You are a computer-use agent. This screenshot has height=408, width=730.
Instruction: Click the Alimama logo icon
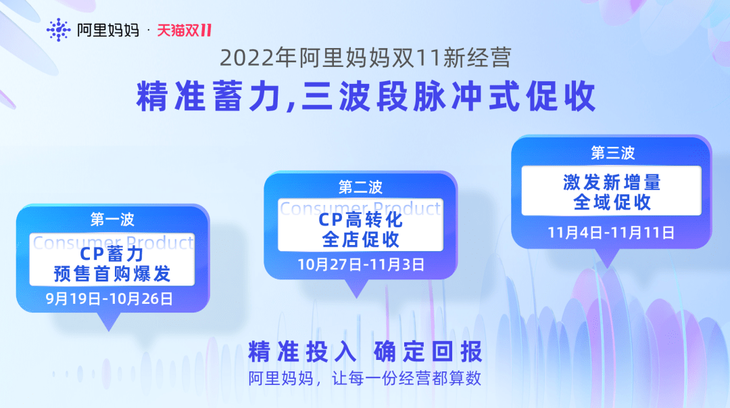[59, 30]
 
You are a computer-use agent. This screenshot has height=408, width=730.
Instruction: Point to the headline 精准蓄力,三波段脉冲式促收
[366, 97]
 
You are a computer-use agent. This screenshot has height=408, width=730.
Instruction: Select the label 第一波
[112, 220]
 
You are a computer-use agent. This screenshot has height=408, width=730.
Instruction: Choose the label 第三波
[612, 153]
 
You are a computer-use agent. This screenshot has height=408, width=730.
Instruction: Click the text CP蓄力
[112, 254]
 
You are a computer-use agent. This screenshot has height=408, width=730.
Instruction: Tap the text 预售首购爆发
[112, 274]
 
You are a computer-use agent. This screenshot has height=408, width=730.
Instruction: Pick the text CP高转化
[360, 220]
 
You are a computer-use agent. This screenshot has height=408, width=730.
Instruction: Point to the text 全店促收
[360, 240]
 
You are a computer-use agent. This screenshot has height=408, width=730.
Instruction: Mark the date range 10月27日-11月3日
[361, 265]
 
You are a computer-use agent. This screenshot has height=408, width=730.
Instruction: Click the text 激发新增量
[612, 183]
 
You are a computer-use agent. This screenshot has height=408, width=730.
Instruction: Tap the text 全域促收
[612, 202]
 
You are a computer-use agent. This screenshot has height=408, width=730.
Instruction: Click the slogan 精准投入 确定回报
[365, 352]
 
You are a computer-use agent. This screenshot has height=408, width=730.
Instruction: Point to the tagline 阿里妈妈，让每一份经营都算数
[365, 378]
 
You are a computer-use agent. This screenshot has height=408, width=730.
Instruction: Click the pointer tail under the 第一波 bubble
[107, 321]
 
